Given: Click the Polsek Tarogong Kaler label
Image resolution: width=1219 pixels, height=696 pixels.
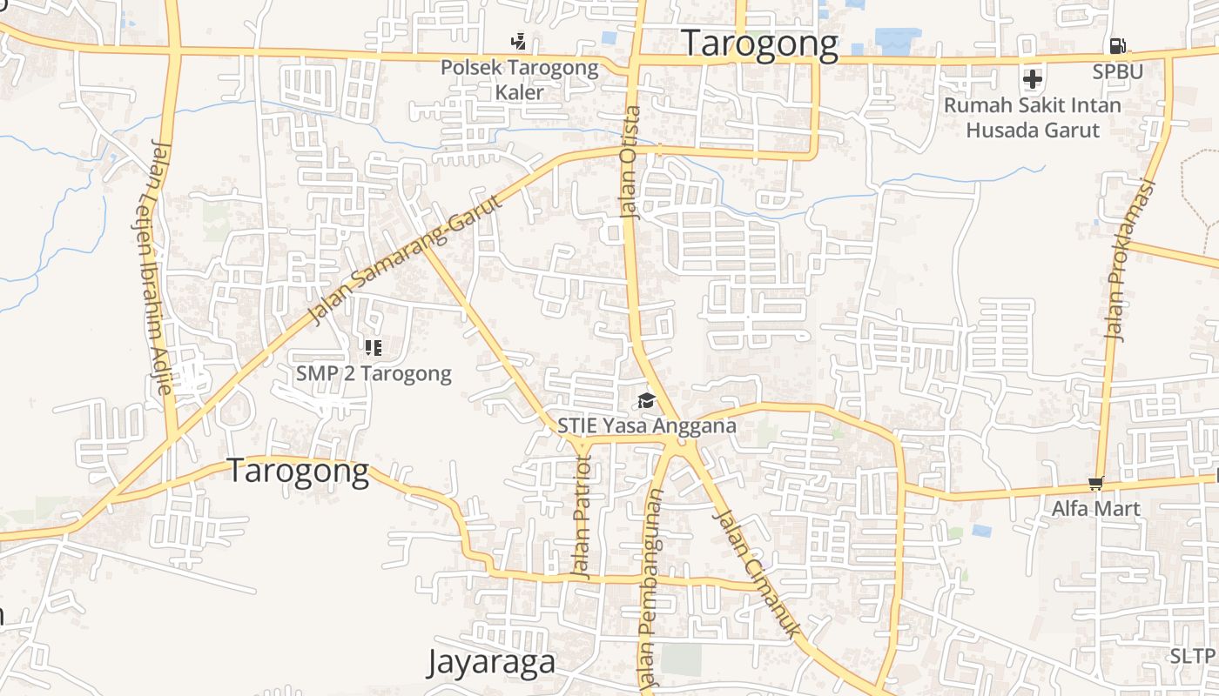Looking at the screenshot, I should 519,79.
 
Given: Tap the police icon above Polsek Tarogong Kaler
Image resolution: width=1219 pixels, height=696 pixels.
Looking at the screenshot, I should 519,41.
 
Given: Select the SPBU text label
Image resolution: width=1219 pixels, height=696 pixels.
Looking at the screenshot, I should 1117,71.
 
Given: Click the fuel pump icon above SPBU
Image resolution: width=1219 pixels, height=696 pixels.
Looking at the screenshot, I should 1118,45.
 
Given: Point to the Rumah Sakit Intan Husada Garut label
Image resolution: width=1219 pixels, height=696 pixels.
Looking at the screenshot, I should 1033,117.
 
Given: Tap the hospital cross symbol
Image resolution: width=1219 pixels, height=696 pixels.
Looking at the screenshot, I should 1033,79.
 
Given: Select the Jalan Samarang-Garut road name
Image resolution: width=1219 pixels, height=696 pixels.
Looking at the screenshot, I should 407,260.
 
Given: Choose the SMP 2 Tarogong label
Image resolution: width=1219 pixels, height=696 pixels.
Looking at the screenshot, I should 374,374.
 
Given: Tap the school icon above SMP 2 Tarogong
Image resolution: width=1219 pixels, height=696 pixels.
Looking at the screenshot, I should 374,348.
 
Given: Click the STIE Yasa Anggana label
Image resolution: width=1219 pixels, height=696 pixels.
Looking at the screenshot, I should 647,426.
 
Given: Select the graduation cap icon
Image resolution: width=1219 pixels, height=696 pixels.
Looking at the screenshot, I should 646,400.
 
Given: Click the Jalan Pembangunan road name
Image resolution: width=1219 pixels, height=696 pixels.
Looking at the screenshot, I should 650,592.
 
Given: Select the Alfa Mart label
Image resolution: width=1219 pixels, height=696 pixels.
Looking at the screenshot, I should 1095,508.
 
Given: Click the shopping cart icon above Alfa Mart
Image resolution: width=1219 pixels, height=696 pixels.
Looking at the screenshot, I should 1095,483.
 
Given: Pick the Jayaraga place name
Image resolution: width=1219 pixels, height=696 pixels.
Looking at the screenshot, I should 491,662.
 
